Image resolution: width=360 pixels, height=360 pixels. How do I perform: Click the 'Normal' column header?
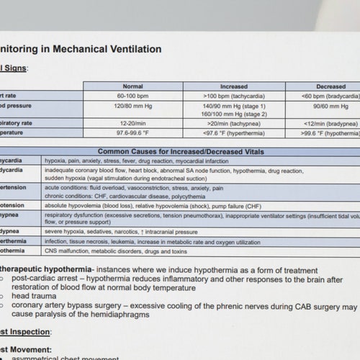133,86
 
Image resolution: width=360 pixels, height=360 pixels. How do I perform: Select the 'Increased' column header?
233,86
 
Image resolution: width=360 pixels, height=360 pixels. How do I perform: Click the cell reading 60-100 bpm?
133,96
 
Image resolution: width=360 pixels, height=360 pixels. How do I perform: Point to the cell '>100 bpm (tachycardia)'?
234,96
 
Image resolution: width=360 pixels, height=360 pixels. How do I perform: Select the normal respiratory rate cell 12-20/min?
133,123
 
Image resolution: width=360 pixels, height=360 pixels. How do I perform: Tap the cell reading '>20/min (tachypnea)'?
234,123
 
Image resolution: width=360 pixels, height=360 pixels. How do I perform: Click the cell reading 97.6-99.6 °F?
133,132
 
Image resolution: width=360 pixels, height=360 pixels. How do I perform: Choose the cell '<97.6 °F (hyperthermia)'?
234,132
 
